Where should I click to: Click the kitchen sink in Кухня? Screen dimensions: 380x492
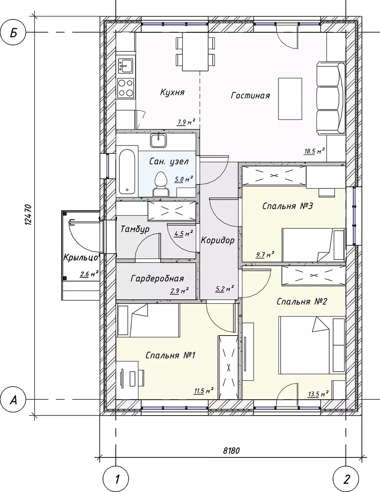point(126,66)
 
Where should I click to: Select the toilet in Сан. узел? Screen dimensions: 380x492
point(161,184)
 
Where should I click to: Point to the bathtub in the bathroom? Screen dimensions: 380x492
point(127,171)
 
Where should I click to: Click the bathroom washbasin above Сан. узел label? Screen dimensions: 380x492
point(158,140)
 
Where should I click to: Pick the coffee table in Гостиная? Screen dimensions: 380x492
point(290,99)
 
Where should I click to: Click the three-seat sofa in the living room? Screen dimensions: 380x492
point(331,98)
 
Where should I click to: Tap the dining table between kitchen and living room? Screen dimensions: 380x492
point(195,52)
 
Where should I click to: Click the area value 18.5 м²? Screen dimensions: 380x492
point(315,151)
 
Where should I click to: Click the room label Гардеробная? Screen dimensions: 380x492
point(157,279)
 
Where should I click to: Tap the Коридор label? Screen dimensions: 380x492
point(218,240)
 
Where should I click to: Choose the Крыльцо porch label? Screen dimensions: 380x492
point(81,258)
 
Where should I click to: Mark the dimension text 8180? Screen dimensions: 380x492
point(231,444)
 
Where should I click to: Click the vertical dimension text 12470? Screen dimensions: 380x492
point(28,214)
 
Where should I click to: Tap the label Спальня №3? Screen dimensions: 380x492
point(287,206)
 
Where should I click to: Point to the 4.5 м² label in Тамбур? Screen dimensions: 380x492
point(183,233)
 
